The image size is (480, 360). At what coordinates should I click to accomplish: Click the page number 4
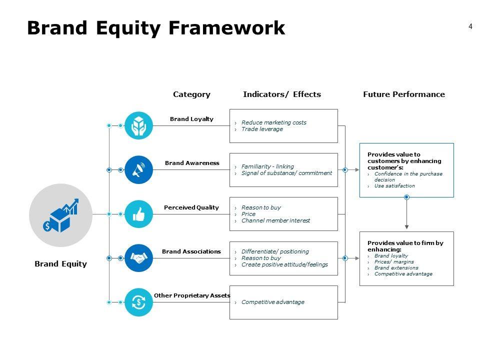pos(470,26)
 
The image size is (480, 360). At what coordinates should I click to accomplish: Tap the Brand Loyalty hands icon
pos(138,125)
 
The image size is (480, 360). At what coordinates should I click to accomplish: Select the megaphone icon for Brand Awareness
pos(138,170)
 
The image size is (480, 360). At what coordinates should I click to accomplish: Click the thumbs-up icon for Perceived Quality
pos(138,214)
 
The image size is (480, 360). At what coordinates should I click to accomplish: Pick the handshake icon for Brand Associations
pos(138,258)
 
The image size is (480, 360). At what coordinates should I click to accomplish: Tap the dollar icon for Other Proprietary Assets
pos(138,302)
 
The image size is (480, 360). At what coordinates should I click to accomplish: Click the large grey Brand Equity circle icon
pos(60,215)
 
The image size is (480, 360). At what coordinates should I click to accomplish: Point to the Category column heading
pos(191,94)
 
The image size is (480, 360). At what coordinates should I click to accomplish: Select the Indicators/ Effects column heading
pos(282,94)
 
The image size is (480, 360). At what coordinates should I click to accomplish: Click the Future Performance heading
pos(403,94)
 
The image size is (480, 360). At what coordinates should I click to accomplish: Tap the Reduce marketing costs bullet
pos(273,122)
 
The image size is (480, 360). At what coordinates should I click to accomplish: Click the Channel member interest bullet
pos(275,220)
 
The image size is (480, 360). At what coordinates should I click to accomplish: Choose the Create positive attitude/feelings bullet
pos(284,264)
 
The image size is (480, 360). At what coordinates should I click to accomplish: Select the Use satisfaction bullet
pos(394,186)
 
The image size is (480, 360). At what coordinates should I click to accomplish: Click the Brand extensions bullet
pos(396,268)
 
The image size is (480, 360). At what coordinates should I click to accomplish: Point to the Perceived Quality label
pos(191,207)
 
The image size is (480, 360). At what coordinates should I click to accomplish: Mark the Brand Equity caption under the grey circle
pos(60,264)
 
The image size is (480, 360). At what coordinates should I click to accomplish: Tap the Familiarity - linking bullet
pos(267,166)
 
